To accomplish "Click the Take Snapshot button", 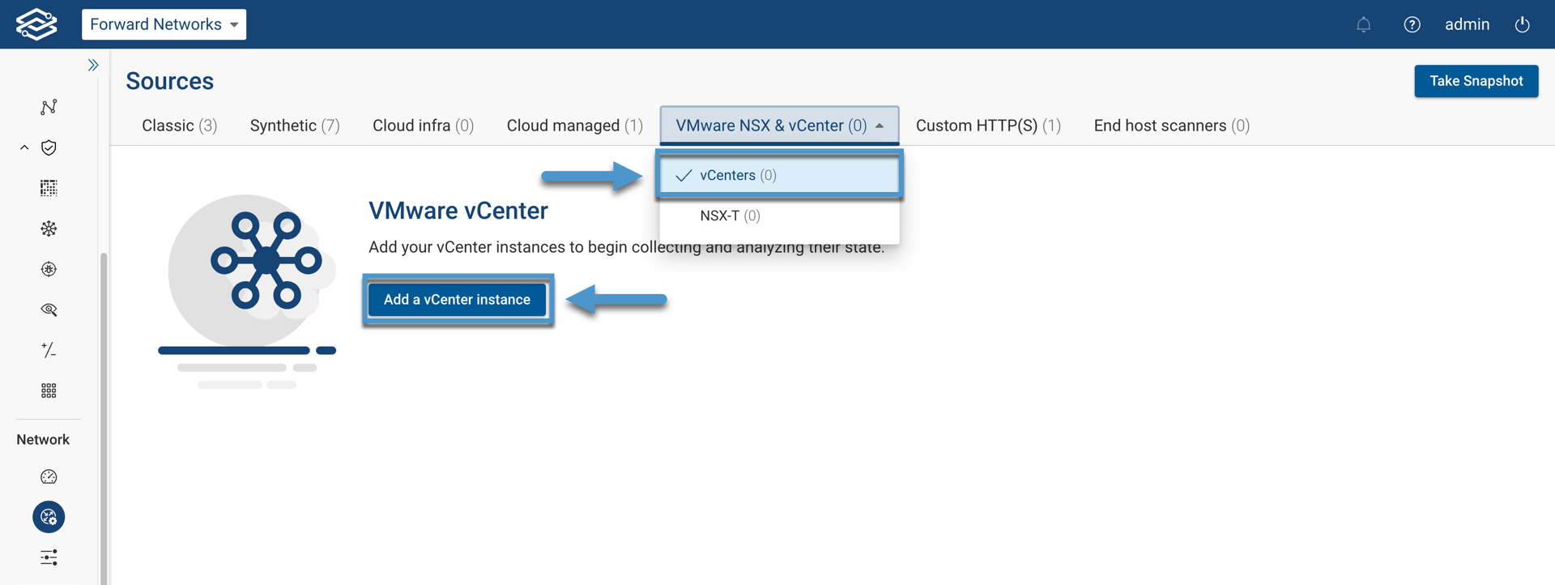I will tap(1476, 81).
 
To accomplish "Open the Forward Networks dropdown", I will tap(164, 24).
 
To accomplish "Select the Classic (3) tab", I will tap(179, 126).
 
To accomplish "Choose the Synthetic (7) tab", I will tap(295, 126).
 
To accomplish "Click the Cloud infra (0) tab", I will tap(423, 126).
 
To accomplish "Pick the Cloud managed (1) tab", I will tap(574, 126).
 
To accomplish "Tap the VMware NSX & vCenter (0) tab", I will tap(778, 126).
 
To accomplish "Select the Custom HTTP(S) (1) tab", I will tap(988, 126).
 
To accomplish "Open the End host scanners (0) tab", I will tap(1171, 126).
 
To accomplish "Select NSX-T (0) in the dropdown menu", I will tap(730, 216).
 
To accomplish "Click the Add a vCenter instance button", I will tap(457, 300).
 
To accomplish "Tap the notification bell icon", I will tap(1364, 24).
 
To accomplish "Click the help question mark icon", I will tap(1412, 24).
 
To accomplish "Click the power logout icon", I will tap(1522, 24).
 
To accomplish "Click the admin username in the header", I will tap(1467, 24).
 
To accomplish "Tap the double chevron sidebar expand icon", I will tap(93, 65).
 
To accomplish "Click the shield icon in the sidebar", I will tap(49, 147).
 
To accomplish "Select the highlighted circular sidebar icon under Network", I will tap(49, 517).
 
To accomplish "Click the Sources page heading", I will tap(169, 81).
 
